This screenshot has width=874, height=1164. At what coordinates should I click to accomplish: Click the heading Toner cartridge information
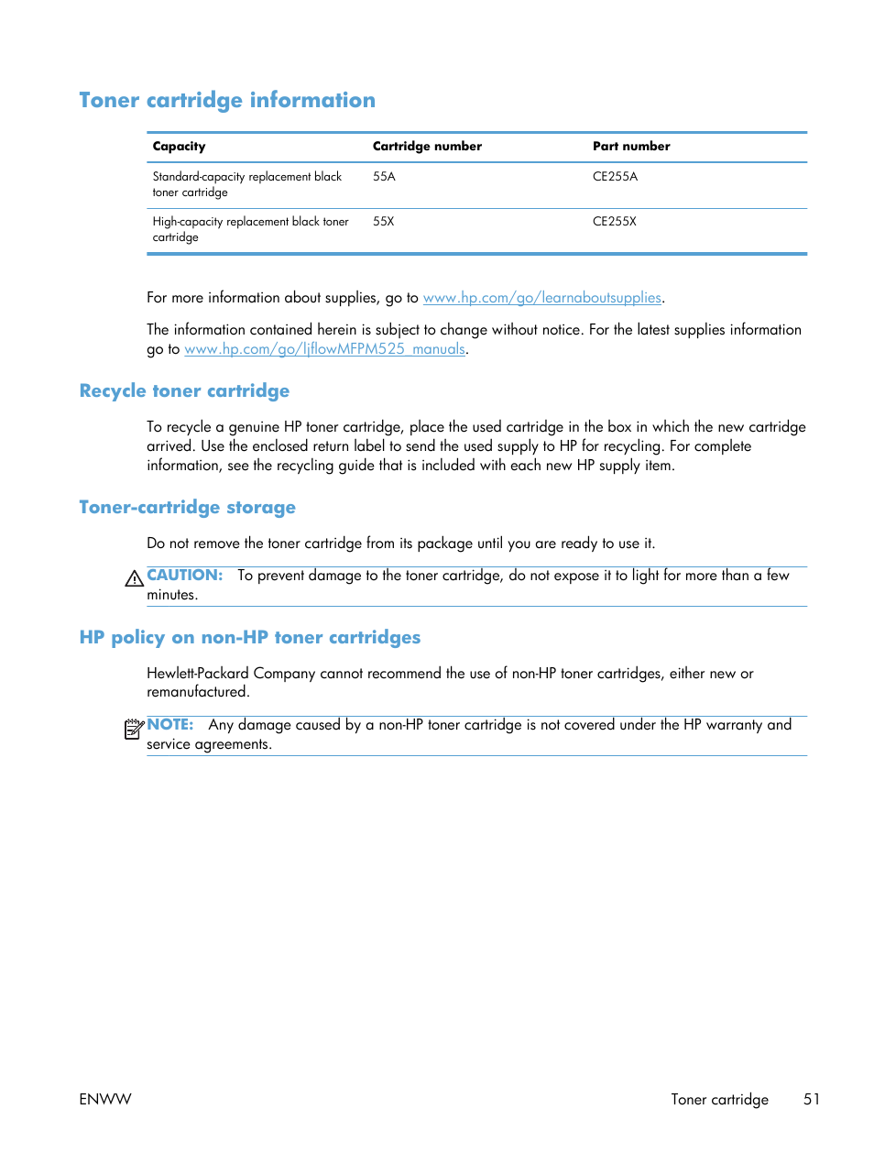227,100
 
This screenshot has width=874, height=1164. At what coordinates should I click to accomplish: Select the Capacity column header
179,147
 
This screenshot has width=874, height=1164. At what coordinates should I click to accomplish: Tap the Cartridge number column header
427,147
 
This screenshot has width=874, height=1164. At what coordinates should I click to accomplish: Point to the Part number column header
631,147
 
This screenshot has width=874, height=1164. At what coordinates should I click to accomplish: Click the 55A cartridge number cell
384,177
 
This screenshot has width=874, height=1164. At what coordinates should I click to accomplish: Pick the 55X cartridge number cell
383,222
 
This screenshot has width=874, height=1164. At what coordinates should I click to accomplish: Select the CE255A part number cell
615,177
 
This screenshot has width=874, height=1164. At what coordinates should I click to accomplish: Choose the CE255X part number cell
614,222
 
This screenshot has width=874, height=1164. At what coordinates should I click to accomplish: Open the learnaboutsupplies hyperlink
541,298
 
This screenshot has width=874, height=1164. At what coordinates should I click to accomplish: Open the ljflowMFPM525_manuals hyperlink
324,349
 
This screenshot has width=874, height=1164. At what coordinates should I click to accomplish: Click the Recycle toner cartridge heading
184,391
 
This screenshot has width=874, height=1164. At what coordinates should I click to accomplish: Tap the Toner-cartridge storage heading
187,508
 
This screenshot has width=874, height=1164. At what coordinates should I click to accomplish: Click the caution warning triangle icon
134,578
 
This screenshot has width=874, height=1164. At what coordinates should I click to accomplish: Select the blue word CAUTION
184,576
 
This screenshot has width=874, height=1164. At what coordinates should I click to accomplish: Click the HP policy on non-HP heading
250,638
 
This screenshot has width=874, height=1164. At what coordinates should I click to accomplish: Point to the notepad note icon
134,729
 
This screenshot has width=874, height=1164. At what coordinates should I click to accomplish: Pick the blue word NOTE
170,725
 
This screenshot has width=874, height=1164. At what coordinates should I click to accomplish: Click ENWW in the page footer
105,1099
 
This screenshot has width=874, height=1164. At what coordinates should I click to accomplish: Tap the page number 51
812,1099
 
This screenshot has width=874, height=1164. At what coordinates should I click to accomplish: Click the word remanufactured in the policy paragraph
197,692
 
